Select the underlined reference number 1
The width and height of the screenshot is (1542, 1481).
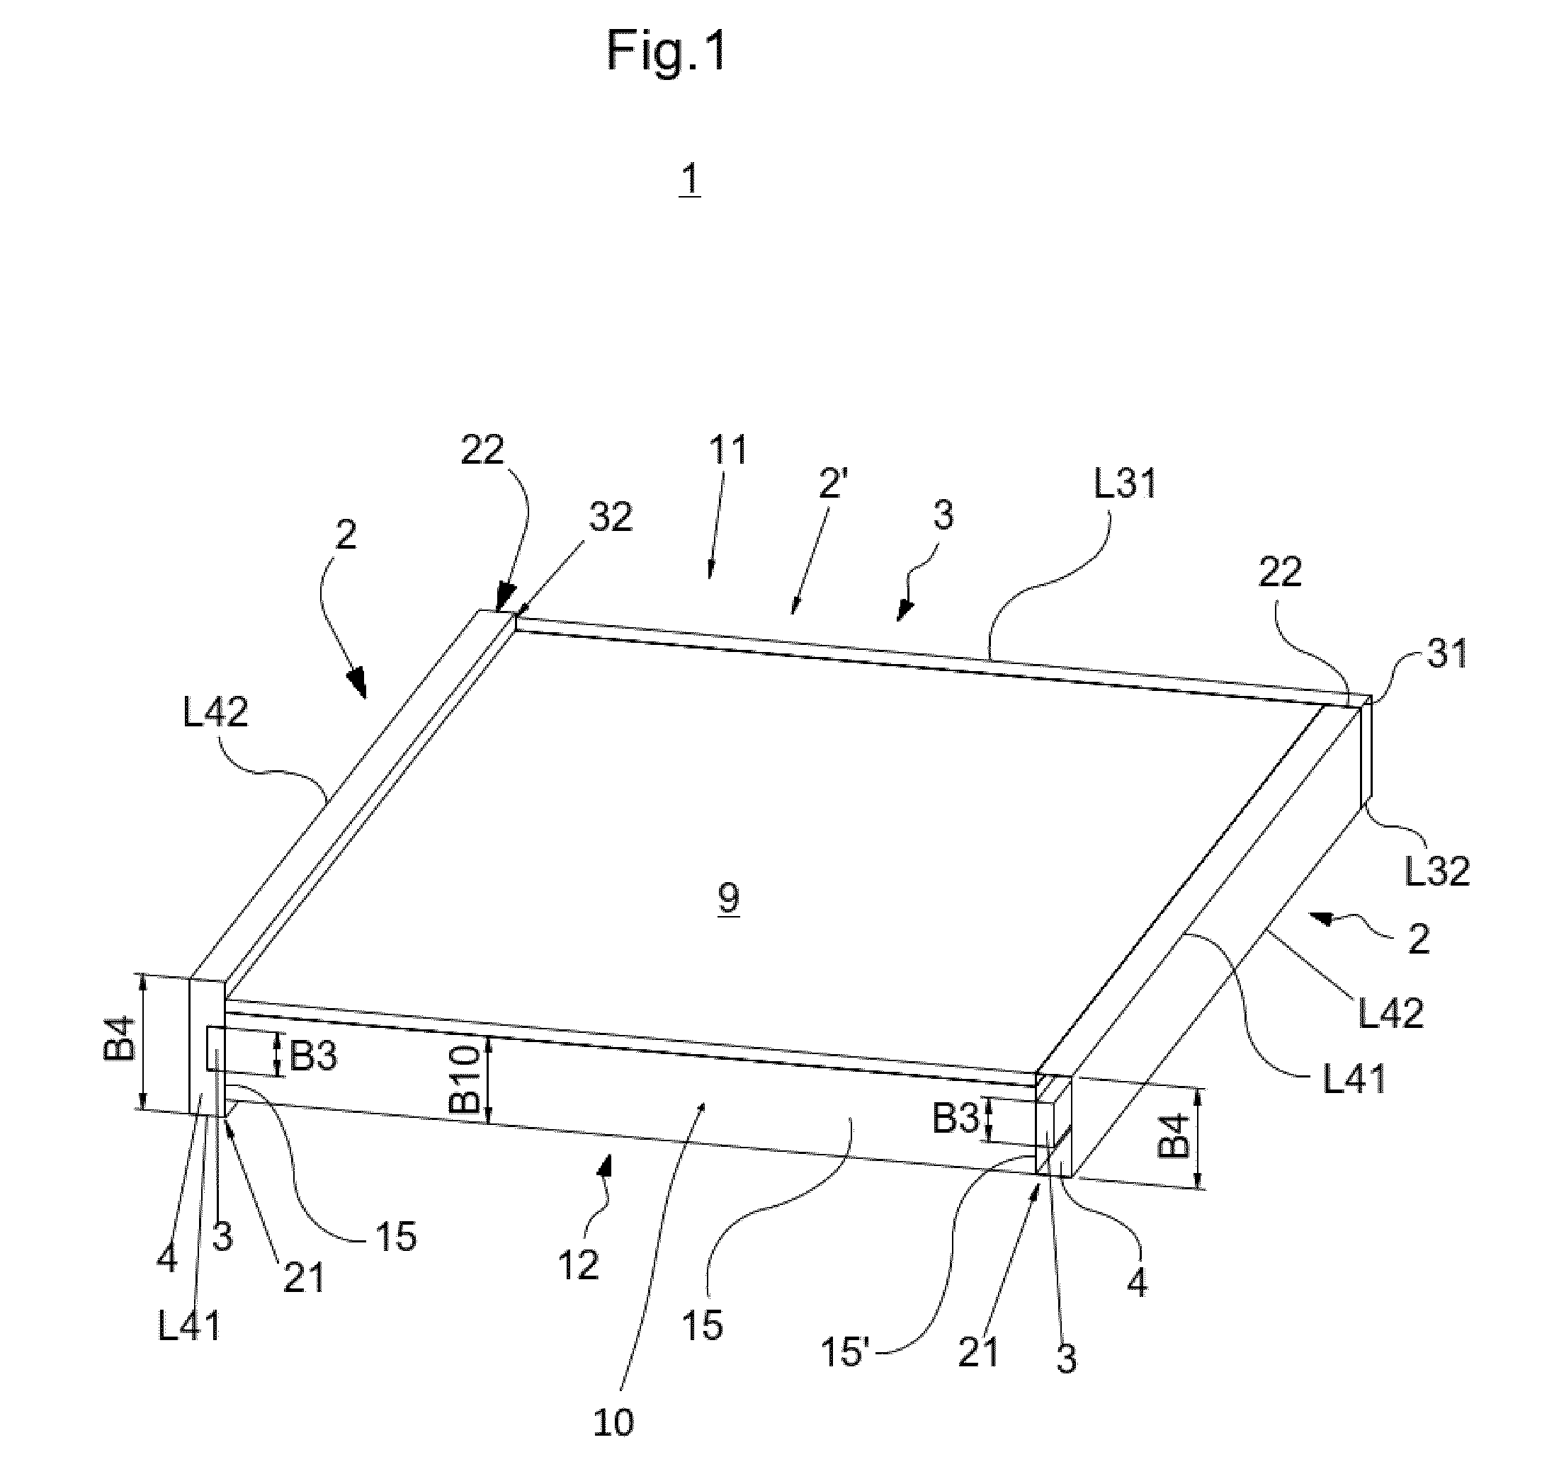click(689, 180)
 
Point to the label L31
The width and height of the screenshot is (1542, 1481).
click(1126, 484)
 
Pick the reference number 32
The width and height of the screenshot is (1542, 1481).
click(611, 518)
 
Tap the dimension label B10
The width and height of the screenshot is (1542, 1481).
click(466, 1079)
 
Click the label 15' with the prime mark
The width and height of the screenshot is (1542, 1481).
click(845, 1352)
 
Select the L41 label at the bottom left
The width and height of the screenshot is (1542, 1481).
click(189, 1327)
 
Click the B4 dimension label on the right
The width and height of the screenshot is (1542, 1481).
click(1174, 1136)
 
